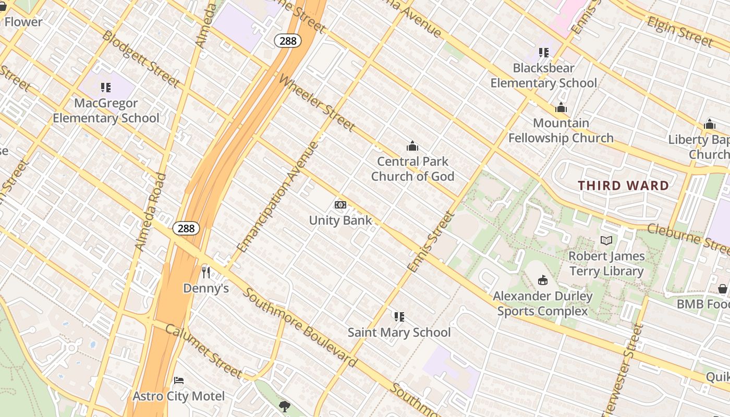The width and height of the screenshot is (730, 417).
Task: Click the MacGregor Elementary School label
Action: point(106,111)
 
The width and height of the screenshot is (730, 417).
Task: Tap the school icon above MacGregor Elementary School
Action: point(106,88)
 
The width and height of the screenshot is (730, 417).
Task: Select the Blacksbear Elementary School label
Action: point(544,76)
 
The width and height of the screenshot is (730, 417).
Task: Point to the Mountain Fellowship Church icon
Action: point(561,108)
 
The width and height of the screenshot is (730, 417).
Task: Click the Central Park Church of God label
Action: point(412,169)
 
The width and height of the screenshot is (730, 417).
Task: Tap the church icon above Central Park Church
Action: point(412,146)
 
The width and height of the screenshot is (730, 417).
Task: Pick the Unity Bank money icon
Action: point(340,205)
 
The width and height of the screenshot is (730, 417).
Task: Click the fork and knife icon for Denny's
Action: point(206,272)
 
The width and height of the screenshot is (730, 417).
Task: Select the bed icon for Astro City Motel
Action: point(179,380)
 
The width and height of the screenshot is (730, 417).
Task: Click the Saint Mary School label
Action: point(399,332)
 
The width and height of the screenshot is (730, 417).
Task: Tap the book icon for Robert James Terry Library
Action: point(606,240)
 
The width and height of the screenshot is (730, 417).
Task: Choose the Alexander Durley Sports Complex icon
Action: point(543,280)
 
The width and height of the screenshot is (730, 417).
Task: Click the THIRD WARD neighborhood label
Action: point(623,186)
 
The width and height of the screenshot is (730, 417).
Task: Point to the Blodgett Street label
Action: point(141,59)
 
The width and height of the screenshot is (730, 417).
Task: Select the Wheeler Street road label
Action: point(317,103)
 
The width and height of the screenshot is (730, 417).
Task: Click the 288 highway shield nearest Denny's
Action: point(186,228)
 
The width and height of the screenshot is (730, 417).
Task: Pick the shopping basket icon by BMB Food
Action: point(723,288)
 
